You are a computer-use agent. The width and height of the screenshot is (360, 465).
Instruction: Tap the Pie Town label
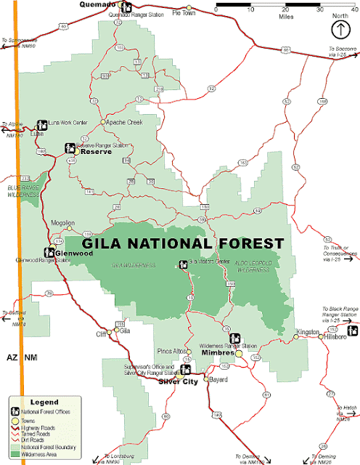pos(184,13)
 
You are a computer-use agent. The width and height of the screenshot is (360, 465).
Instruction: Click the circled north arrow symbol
pos(339,28)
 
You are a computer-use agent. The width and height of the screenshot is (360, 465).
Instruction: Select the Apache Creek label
pos(125,123)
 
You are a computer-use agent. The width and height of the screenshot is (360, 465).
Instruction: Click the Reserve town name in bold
pos(95,152)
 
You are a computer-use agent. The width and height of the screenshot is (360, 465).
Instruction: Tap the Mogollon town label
pos(64,223)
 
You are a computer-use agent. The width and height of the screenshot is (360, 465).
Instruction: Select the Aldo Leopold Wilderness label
pos(247,266)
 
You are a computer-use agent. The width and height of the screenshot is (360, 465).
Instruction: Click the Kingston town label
pos(307,332)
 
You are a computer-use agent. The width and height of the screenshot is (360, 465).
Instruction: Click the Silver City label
pos(179,381)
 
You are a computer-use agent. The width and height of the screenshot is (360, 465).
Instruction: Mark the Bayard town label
pos(219,379)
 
